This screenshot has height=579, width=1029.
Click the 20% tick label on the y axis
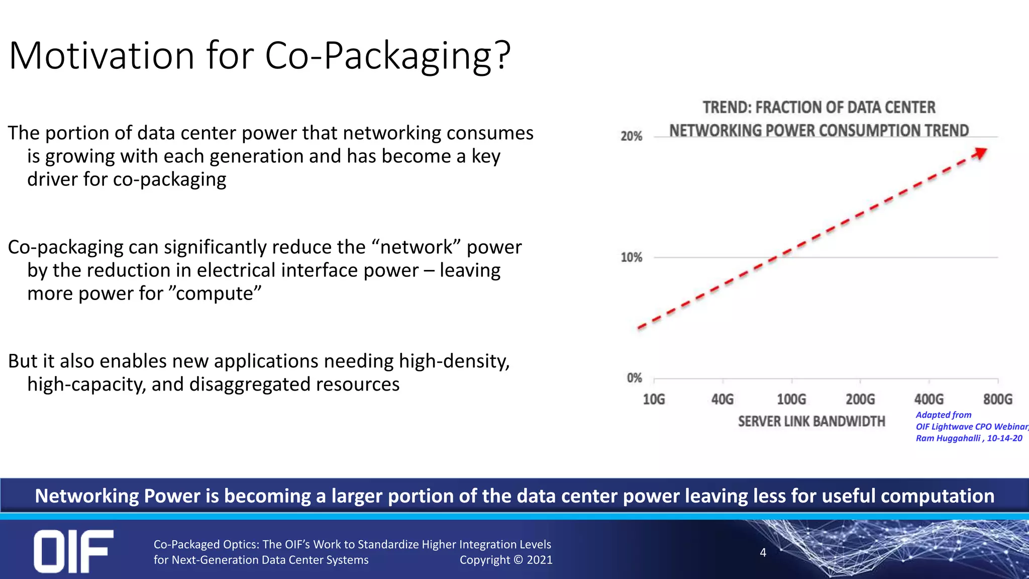(x=631, y=136)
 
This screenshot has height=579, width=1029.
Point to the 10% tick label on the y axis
(x=631, y=257)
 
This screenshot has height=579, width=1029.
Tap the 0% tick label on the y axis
(x=634, y=378)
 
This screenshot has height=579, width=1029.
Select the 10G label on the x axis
(x=654, y=400)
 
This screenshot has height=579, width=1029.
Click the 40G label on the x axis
(x=723, y=400)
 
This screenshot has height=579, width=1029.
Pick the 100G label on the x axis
(x=791, y=400)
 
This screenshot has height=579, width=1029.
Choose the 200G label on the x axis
(x=860, y=400)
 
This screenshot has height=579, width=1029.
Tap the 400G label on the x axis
(x=929, y=400)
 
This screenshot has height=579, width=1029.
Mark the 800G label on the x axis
(x=998, y=400)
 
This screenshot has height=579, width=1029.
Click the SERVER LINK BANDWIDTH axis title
(x=811, y=421)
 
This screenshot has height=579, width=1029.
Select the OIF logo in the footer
(x=73, y=551)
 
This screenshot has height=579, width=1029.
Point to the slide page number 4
(x=763, y=552)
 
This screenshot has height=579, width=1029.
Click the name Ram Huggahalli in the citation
(x=948, y=438)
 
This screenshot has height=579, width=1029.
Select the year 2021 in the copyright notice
(x=539, y=560)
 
